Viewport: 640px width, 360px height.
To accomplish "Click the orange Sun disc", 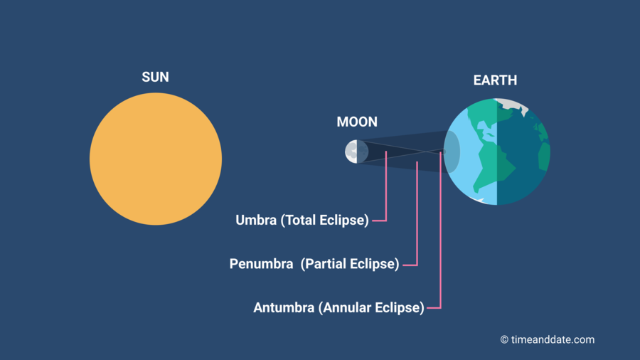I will (x=156, y=159).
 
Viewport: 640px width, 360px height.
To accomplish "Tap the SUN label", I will (x=156, y=77).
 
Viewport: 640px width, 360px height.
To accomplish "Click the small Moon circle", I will (x=357, y=152).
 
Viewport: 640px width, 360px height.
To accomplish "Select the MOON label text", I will (x=357, y=122).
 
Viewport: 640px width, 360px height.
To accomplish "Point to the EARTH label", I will (x=495, y=80).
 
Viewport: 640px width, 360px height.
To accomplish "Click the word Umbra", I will (x=256, y=221).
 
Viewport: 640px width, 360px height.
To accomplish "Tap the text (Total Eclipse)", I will (x=325, y=221).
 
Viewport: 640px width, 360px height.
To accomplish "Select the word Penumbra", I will (x=261, y=264).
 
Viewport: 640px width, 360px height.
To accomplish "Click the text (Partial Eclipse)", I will (x=350, y=264).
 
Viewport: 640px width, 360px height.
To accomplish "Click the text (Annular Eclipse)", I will (x=371, y=308).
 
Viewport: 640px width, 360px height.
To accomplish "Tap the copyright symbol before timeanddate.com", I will (x=504, y=340).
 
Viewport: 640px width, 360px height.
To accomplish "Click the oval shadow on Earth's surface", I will (x=452, y=152).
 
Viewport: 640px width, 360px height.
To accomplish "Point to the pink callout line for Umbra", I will (x=385, y=192).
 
